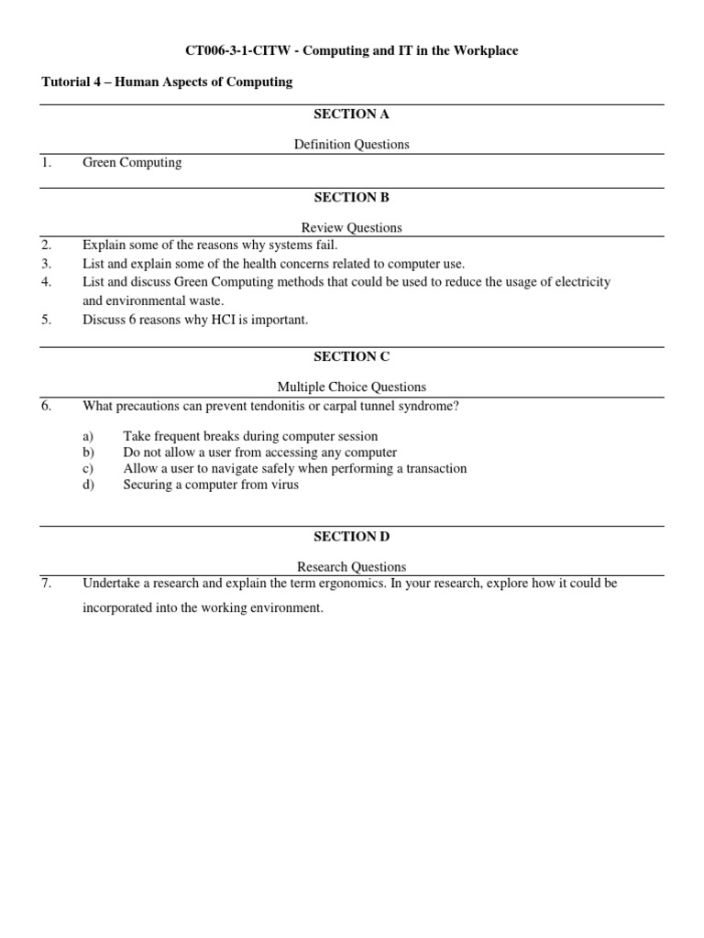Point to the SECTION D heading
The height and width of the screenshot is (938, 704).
pos(351,536)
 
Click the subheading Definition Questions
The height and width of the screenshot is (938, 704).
pos(351,144)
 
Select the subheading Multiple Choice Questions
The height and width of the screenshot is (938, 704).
pos(351,387)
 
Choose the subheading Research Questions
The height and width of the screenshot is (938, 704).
pos(351,566)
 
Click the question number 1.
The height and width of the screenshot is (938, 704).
pos(46,162)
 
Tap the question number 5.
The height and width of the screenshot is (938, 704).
pos(46,320)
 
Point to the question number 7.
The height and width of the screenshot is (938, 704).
pos(46,583)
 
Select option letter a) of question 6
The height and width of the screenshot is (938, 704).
pos(88,436)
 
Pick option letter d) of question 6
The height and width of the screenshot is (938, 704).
pos(88,485)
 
